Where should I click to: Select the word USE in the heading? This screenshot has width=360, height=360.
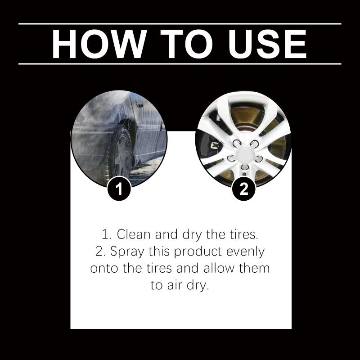[x=267, y=44]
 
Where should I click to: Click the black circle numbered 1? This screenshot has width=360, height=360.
[x=119, y=189]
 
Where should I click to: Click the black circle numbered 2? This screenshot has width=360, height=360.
[x=243, y=189]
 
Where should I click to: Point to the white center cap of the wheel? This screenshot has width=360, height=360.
[x=245, y=154]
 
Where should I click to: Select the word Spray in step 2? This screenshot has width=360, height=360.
[x=127, y=252]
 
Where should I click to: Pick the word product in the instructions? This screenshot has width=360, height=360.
[x=198, y=252]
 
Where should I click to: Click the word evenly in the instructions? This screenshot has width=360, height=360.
[x=246, y=252]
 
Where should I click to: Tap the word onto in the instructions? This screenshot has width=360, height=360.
[x=104, y=268]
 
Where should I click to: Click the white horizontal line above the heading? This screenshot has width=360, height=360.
[x=180, y=24]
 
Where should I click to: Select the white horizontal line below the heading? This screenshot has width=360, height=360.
[x=180, y=64]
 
